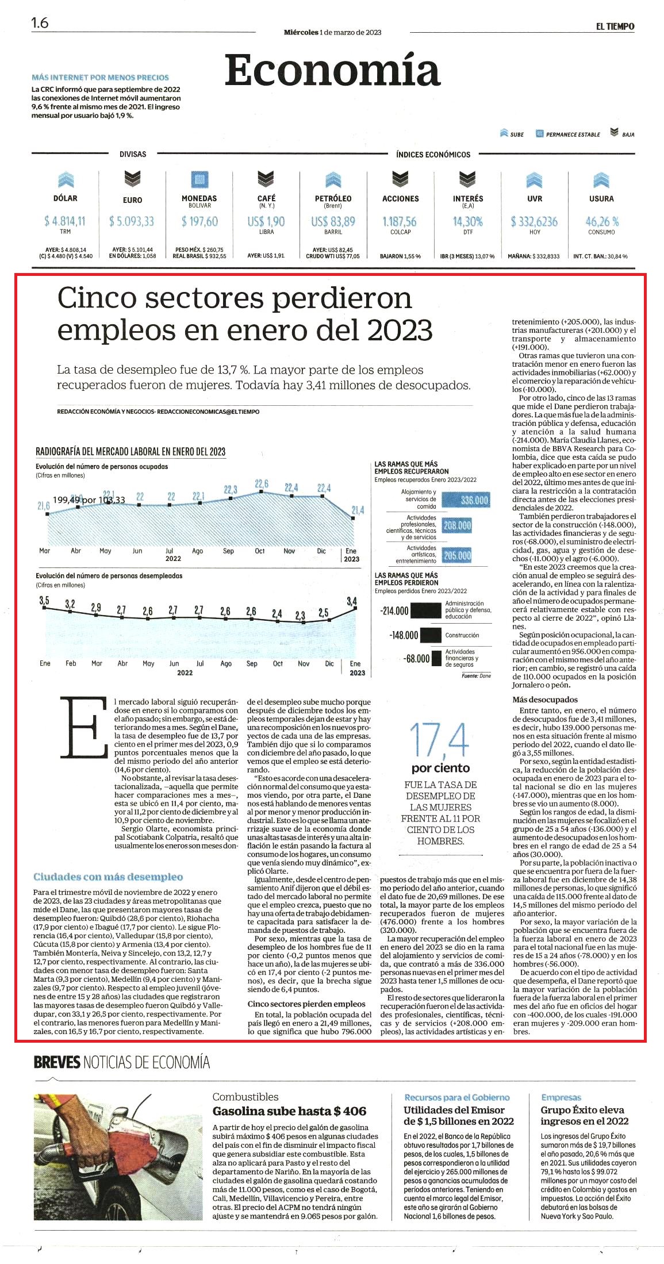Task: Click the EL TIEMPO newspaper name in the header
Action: point(615,26)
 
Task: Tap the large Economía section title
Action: point(332,70)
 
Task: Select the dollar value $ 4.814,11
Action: point(65,221)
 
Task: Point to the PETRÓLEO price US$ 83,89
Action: point(333,221)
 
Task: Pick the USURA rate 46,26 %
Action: point(602,221)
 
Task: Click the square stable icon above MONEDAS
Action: point(199,179)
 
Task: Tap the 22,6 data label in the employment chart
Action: point(262,484)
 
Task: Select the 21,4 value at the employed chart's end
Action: point(358,510)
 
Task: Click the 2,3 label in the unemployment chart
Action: point(300,616)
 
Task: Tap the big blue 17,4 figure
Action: point(440,740)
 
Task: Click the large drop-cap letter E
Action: point(83,727)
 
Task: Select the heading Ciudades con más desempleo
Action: point(108,877)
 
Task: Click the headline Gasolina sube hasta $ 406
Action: point(289,1111)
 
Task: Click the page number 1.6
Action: point(40,23)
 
